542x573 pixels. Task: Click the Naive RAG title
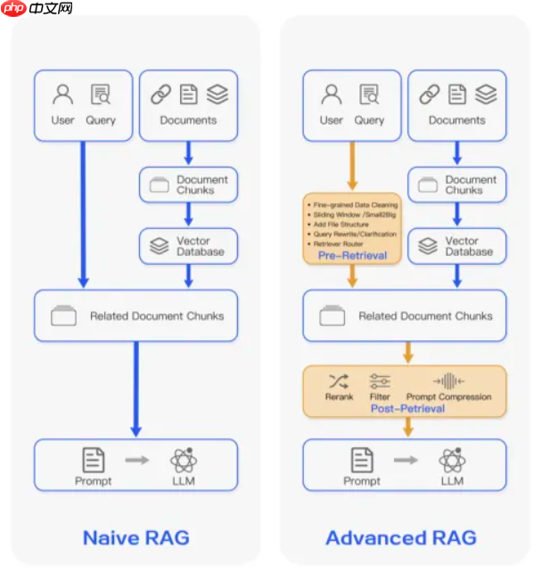pos(135,537)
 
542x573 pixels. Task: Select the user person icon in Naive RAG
pos(62,94)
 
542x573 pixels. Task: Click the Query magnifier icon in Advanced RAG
pos(368,94)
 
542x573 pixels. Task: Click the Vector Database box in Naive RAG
pos(189,246)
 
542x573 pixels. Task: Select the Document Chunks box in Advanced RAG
pos(458,184)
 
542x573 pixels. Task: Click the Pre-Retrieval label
pos(352,256)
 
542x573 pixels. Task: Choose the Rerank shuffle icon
pos(339,381)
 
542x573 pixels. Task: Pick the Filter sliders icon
pos(380,381)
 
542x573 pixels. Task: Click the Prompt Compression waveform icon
pos(448,381)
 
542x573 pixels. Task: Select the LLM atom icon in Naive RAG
pos(184,460)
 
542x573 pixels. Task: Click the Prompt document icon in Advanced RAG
pos(362,460)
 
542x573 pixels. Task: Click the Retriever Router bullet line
pos(339,243)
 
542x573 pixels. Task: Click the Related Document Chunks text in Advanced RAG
pos(424,316)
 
